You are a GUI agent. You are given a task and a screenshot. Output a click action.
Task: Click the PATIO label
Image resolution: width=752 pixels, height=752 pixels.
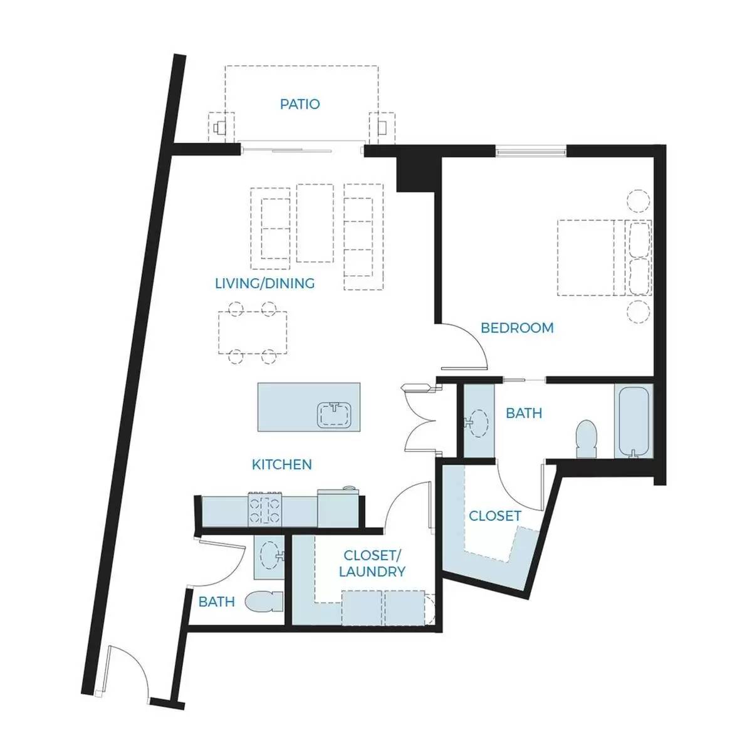(300, 104)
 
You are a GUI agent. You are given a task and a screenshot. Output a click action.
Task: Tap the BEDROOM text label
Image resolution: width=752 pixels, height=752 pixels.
(516, 328)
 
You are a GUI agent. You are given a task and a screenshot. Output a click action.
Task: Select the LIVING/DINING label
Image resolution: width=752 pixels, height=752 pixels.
(264, 283)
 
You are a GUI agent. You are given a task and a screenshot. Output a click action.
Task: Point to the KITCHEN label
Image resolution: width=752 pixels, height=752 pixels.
(282, 464)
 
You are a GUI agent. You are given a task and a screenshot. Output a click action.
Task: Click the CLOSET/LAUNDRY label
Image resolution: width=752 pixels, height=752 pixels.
(372, 563)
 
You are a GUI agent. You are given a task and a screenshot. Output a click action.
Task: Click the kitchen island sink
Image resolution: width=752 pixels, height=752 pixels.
(335, 414)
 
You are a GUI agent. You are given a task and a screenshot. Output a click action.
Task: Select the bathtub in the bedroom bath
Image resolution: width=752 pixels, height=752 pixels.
(634, 421)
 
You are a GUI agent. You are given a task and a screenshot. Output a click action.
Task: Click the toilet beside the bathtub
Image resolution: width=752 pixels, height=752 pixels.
(587, 439)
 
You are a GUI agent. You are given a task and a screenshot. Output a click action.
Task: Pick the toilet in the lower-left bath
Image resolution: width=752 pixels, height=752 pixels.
(264, 602)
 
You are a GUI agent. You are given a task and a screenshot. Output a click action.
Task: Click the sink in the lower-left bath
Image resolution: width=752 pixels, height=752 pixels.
(271, 556)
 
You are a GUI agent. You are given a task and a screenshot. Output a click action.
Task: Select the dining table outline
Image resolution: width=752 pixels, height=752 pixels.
(253, 333)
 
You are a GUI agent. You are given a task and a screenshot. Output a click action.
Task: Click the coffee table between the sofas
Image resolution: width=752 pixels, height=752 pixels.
(315, 223)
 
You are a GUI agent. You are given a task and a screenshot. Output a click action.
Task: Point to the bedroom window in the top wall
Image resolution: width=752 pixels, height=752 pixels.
(531, 150)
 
